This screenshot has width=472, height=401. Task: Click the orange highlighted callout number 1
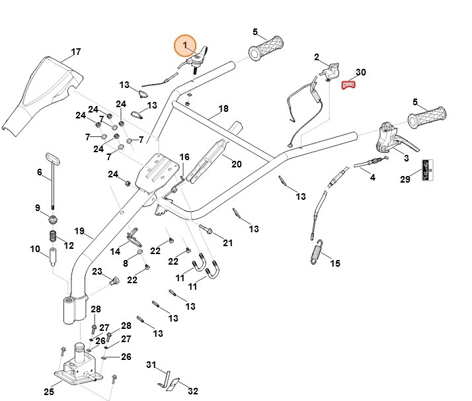[186, 46]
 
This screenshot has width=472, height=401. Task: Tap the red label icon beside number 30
[348, 84]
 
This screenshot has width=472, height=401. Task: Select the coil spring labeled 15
[318, 251]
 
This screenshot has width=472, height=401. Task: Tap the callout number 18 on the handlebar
[223, 109]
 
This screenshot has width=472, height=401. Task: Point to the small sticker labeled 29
[428, 170]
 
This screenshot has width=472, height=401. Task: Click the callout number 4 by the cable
[372, 177]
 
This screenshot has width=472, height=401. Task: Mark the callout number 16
[184, 157]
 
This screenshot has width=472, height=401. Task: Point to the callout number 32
[193, 390]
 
